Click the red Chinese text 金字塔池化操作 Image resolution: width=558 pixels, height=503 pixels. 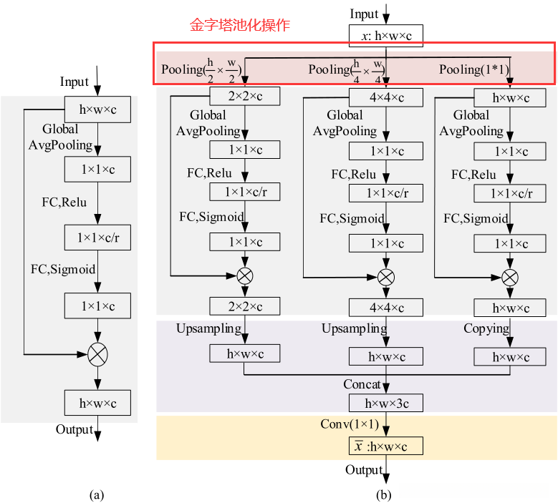[x=239, y=25]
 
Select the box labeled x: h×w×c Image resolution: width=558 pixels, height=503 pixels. [x=386, y=36]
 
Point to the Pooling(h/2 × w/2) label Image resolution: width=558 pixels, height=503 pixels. [x=202, y=69]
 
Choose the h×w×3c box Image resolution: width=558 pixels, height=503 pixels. [x=386, y=403]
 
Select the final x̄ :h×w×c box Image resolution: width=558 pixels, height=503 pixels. [x=386, y=446]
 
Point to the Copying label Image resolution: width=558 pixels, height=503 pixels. [x=486, y=328]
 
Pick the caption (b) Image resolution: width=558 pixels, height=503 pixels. [x=385, y=494]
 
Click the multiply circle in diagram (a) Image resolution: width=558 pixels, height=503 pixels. [x=97, y=353]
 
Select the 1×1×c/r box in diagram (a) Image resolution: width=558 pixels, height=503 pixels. [x=97, y=238]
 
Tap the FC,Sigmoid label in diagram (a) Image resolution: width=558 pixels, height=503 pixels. [x=63, y=270]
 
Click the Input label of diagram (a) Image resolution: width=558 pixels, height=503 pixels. [x=74, y=82]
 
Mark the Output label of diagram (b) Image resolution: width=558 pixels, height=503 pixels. [x=364, y=470]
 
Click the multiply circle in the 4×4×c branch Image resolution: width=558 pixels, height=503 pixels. [x=386, y=276]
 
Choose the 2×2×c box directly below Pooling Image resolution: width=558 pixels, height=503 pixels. [x=245, y=97]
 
